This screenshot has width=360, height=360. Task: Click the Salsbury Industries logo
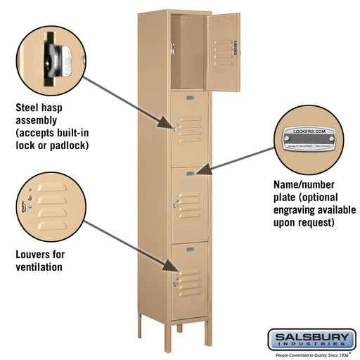coord(311,340)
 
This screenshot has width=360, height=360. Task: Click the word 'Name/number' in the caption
coord(304,185)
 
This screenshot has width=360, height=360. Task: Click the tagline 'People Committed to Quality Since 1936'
coord(311,355)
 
